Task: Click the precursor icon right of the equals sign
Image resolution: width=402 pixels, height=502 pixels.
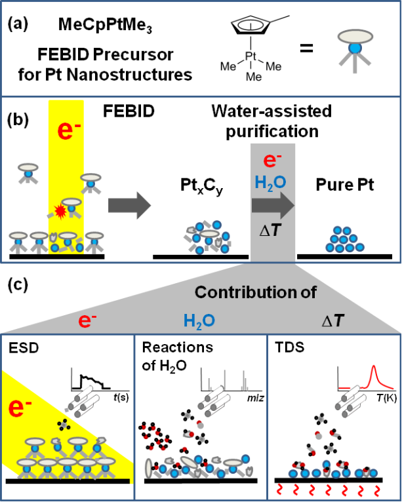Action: [365, 47]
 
